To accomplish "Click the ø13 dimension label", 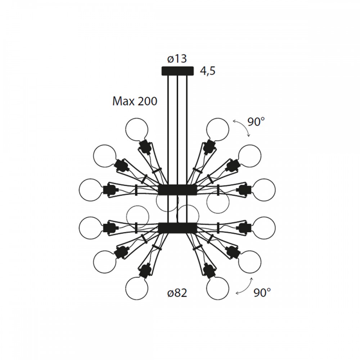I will (177, 58).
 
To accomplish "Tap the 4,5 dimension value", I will (207, 71).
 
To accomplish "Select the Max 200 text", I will (135, 102).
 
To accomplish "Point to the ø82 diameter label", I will (177, 293).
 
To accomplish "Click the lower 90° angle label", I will (262, 292).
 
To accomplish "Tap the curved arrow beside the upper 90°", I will (242, 128).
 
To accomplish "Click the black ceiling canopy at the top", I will (177, 71).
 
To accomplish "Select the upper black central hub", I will (177, 189).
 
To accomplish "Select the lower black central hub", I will (177, 228).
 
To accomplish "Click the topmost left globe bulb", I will (137, 129).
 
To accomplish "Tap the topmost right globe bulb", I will (218, 129).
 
